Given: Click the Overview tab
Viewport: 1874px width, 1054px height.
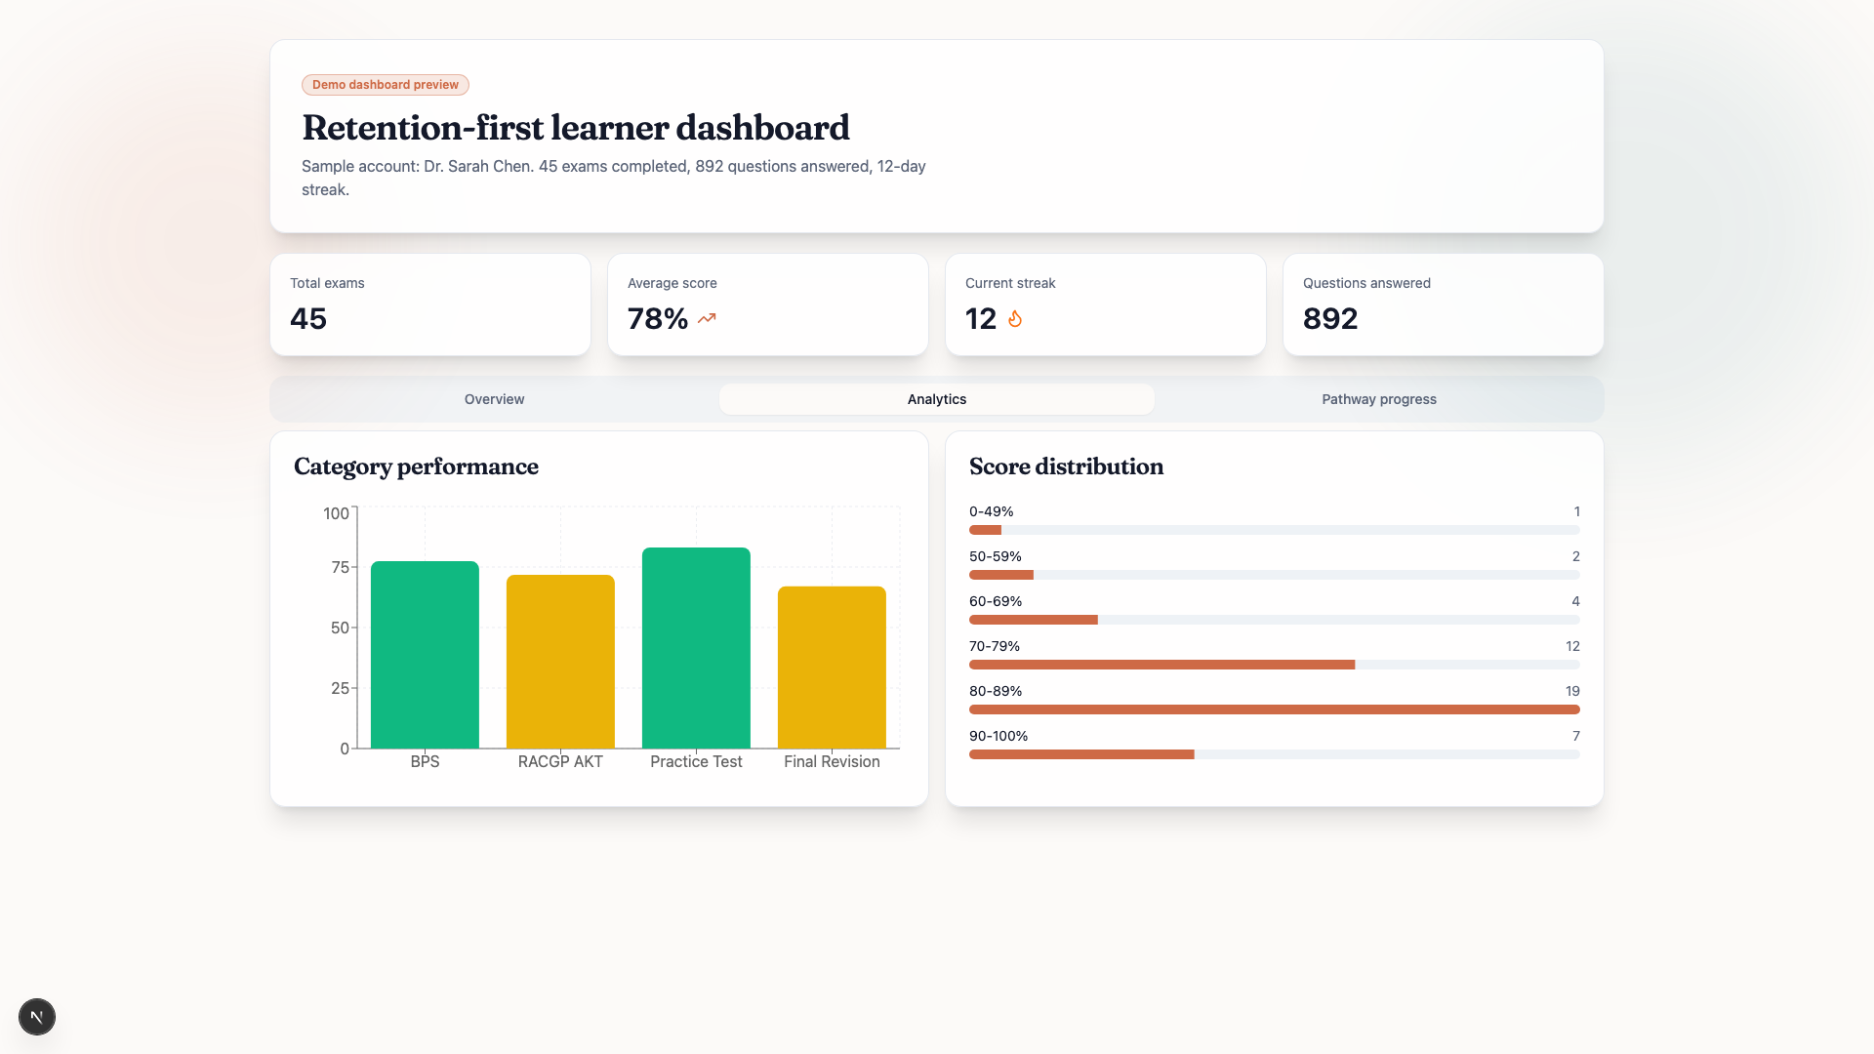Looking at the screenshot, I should click(x=494, y=399).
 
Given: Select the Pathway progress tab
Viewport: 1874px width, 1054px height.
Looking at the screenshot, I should click(x=1378, y=399).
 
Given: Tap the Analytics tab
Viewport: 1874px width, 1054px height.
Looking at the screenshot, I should click(x=936, y=399).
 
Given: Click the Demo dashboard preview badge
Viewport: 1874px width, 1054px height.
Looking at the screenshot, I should click(x=385, y=85).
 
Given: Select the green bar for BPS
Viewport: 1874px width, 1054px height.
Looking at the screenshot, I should click(x=425, y=655).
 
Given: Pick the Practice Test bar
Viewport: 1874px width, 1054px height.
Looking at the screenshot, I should click(x=696, y=648).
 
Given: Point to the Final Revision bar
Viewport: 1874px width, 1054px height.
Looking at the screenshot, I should click(x=832, y=668).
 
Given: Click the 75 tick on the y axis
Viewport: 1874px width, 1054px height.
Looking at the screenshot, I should click(x=340, y=567).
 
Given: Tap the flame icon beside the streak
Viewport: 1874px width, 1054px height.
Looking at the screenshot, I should click(x=1015, y=319).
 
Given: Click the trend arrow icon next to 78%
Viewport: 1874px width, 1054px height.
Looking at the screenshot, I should click(x=707, y=318).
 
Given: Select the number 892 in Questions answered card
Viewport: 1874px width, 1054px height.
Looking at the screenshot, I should click(x=1329, y=319).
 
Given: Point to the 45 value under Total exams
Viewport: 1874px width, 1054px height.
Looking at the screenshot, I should click(x=308, y=319).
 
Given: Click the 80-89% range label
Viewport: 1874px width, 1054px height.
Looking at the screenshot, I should click(x=995, y=691).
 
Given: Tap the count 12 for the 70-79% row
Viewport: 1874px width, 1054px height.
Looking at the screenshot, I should click(x=1571, y=646).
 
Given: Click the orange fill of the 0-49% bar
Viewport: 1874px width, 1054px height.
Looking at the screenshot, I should click(x=985, y=530).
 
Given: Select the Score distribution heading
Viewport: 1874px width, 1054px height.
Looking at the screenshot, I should click(x=1066, y=466).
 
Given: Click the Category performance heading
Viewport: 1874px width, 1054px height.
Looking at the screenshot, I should click(x=416, y=466).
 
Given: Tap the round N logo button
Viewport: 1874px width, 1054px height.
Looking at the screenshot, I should click(x=37, y=1017).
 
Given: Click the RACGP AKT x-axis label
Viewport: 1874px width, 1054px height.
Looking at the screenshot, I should click(x=560, y=761).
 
